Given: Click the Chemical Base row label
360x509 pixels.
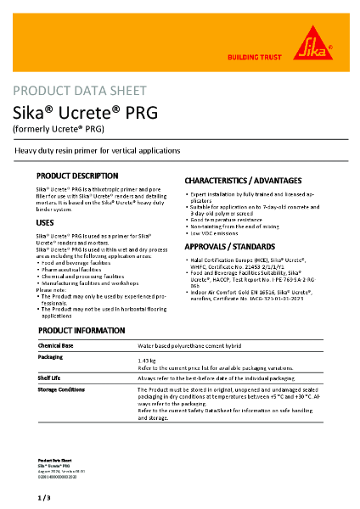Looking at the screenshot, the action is [58, 346].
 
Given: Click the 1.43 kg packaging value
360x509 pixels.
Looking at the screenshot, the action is [147, 361].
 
